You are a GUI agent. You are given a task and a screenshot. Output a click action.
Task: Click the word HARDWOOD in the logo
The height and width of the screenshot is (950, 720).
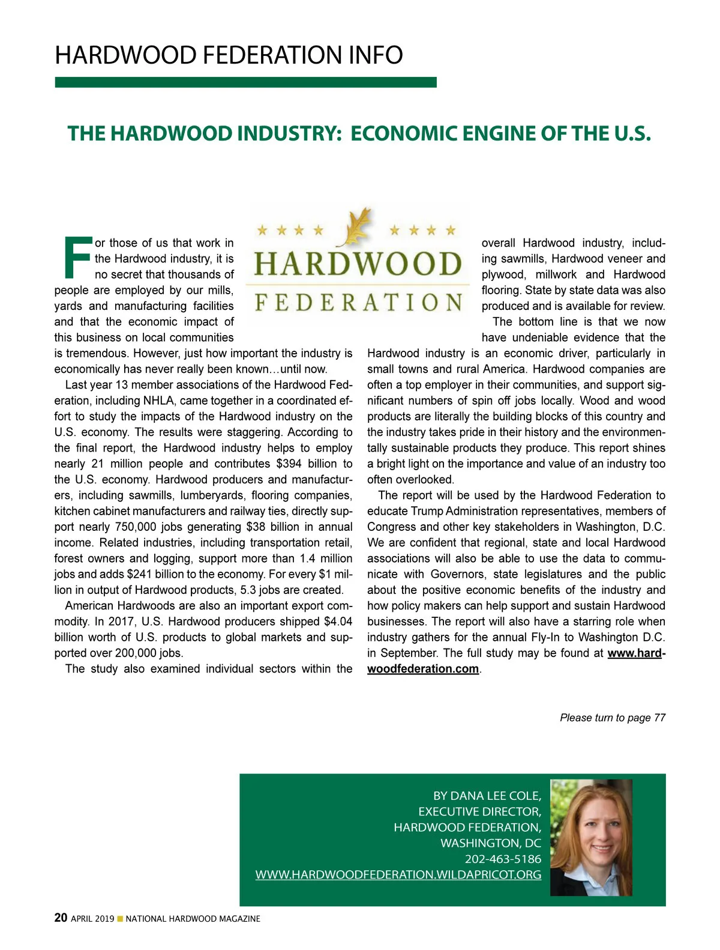coord(358,265)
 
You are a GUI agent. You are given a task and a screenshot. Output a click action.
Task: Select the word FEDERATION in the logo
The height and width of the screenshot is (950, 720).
coord(358,302)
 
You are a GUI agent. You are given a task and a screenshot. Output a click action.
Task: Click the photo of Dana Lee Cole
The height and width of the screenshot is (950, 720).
coord(591,837)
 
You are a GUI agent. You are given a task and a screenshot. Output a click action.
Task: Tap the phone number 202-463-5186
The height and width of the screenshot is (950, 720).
coord(503,859)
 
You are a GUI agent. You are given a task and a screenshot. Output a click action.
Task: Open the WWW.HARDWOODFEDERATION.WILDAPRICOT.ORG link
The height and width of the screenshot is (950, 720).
coord(398,875)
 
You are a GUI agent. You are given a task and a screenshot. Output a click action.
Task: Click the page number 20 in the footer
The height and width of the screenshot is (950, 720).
coord(61,918)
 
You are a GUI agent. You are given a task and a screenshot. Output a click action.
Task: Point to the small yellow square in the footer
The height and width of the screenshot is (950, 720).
coord(120,919)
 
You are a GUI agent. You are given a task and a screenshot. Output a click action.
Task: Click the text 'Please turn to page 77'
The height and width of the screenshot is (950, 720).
coord(613,718)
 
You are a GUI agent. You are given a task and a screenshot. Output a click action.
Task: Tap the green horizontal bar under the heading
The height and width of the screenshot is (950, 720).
coord(245,82)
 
